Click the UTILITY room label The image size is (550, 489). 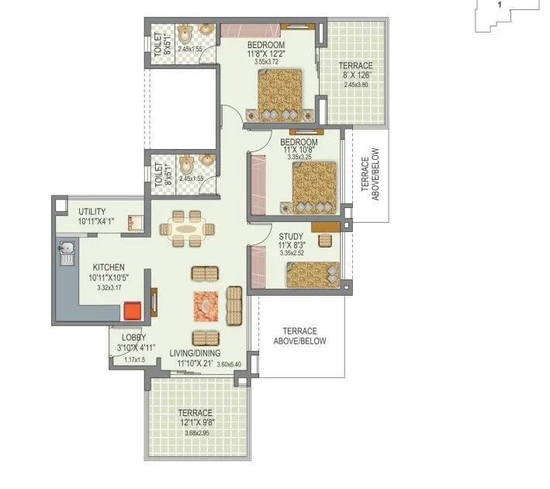[x=92, y=212]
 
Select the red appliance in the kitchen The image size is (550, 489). [x=133, y=311]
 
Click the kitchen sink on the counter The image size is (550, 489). [x=66, y=251]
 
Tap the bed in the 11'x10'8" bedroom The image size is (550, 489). [x=313, y=187]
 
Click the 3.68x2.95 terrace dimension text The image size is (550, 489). [x=195, y=432]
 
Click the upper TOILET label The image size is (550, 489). [x=159, y=45]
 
